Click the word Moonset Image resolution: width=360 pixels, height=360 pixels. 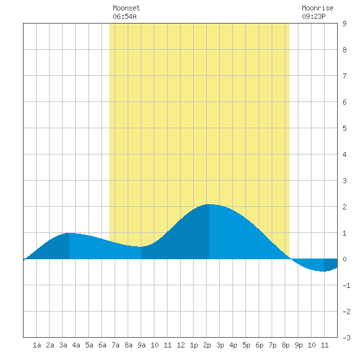coord(126,8)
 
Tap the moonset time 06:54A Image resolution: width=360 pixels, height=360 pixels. coord(124,16)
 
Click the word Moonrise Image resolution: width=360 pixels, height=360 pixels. coord(317,8)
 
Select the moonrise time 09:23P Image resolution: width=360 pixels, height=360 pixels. coord(314,16)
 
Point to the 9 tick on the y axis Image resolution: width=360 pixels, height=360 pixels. coord(344,24)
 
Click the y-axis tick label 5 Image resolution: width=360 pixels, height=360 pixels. coord(344,128)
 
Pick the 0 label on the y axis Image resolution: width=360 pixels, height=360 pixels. coord(344,259)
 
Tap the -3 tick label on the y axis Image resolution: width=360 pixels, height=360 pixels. coord(346,338)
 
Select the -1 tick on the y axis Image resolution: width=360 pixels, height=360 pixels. coord(346,285)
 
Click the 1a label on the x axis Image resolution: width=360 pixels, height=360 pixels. coord(37,345)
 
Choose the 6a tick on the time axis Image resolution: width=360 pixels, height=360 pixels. coord(102,345)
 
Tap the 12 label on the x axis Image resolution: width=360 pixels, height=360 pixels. coord(181,345)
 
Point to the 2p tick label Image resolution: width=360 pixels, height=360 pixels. coord(207,345)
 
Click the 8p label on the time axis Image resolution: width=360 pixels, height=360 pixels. coord(285,345)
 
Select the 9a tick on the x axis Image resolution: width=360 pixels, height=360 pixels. coord(141,345)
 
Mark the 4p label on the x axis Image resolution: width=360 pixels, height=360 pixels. coord(233,345)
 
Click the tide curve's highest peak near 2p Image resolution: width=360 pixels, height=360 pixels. coord(209,204)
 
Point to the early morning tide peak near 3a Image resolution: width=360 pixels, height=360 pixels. coord(69,233)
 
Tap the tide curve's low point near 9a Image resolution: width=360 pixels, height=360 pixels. coord(141,247)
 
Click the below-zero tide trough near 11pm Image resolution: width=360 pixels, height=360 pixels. coord(323,271)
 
